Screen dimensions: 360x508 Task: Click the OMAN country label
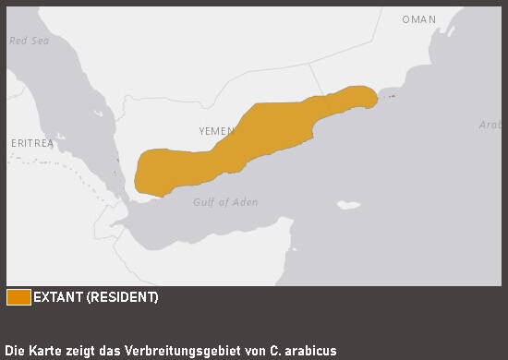[418, 19]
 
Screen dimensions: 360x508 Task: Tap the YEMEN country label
[217, 131]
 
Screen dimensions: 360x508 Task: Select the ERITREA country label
[32, 144]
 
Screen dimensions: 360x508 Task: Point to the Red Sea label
[29, 41]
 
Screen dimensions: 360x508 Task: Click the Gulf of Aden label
[225, 202]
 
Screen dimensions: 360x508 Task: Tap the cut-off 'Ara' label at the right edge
[490, 125]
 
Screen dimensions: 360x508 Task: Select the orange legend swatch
[18, 297]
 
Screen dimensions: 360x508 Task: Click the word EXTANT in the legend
[58, 297]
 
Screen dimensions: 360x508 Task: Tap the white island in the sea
[348, 205]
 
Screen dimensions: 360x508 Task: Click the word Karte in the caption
[41, 351]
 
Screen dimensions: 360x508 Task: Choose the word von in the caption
[255, 351]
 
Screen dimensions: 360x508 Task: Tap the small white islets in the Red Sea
[97, 114]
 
